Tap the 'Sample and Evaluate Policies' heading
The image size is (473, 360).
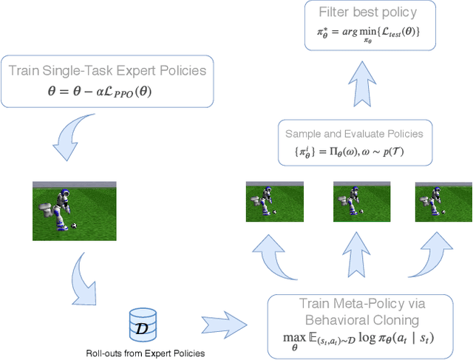click(x=354, y=134)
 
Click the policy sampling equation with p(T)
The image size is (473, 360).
click(x=354, y=153)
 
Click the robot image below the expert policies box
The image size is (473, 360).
click(x=75, y=211)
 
